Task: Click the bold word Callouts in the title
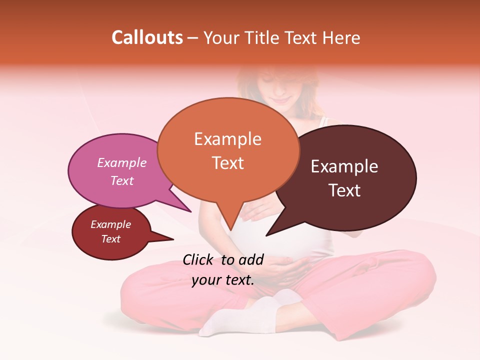pos(147,37)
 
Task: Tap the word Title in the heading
pos(264,37)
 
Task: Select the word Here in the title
pos(342,37)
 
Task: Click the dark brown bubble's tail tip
pos(267,235)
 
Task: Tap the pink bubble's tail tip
pos(190,211)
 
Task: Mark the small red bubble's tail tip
pos(173,239)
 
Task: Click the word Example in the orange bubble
pos(227,139)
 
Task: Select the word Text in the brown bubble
pos(345,190)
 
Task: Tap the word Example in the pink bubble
pos(121,162)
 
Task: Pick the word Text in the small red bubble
pos(110,239)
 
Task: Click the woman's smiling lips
pos(281,100)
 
